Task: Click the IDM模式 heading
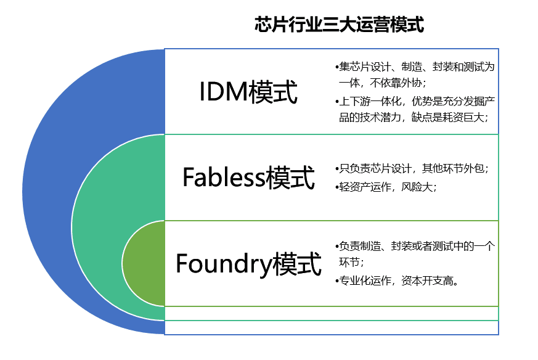[248, 93]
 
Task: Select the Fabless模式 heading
[248, 178]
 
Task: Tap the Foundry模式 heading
[248, 264]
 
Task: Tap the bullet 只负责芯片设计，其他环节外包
[413, 168]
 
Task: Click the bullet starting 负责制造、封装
[416, 254]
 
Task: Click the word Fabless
[224, 178]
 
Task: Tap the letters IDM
[222, 93]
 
